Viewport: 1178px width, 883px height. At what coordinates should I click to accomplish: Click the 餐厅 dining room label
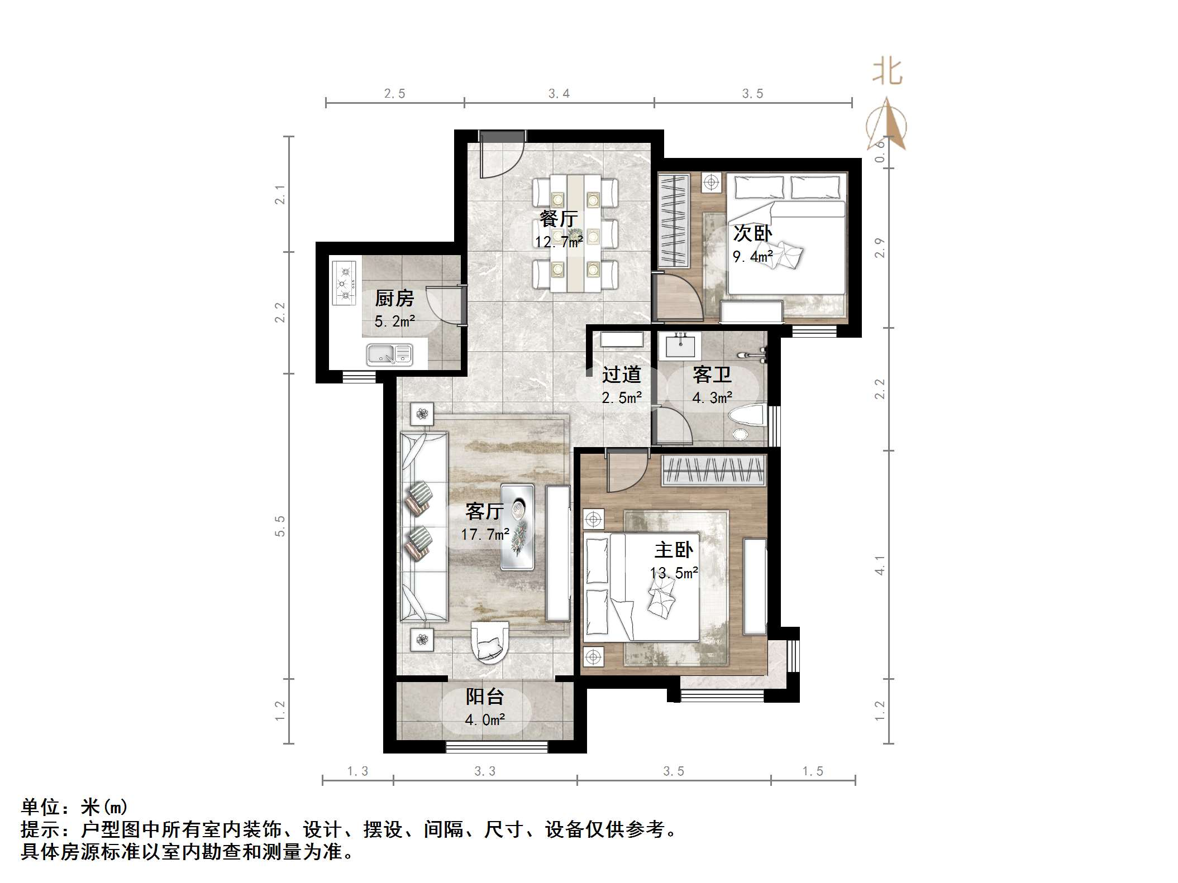pyautogui.click(x=557, y=218)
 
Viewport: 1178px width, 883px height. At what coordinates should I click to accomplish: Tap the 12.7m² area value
pyautogui.click(x=559, y=242)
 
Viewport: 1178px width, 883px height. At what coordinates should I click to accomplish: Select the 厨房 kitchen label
pyautogui.click(x=394, y=299)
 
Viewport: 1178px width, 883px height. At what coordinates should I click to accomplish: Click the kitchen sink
pyautogui.click(x=389, y=354)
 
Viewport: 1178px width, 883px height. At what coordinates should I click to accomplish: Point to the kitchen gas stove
pyautogui.click(x=344, y=284)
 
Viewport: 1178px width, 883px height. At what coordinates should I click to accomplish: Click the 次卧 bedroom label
pyautogui.click(x=752, y=233)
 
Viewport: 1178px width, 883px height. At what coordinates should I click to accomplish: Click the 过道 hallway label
pyautogui.click(x=621, y=375)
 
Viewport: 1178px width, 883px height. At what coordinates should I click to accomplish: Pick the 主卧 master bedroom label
pyautogui.click(x=674, y=550)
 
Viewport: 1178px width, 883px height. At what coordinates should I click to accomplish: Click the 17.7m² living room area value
pyautogui.click(x=484, y=535)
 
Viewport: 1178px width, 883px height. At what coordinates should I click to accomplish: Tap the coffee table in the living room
pyautogui.click(x=517, y=526)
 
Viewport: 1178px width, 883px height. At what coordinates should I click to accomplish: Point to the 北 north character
pyautogui.click(x=887, y=72)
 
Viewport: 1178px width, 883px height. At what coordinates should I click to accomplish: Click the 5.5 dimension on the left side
pyautogui.click(x=280, y=526)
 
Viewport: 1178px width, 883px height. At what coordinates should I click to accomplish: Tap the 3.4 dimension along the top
pyautogui.click(x=559, y=94)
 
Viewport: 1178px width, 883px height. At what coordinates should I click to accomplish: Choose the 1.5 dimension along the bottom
pyautogui.click(x=813, y=771)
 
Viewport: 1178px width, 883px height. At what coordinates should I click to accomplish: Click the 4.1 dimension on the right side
pyautogui.click(x=880, y=565)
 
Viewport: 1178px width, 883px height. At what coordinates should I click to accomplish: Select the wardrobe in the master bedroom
pyautogui.click(x=714, y=470)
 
